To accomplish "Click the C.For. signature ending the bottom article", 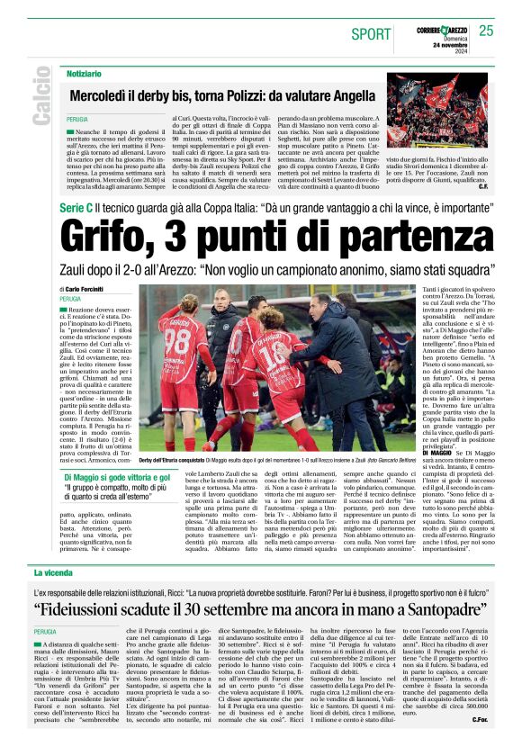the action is tap(479, 744).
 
